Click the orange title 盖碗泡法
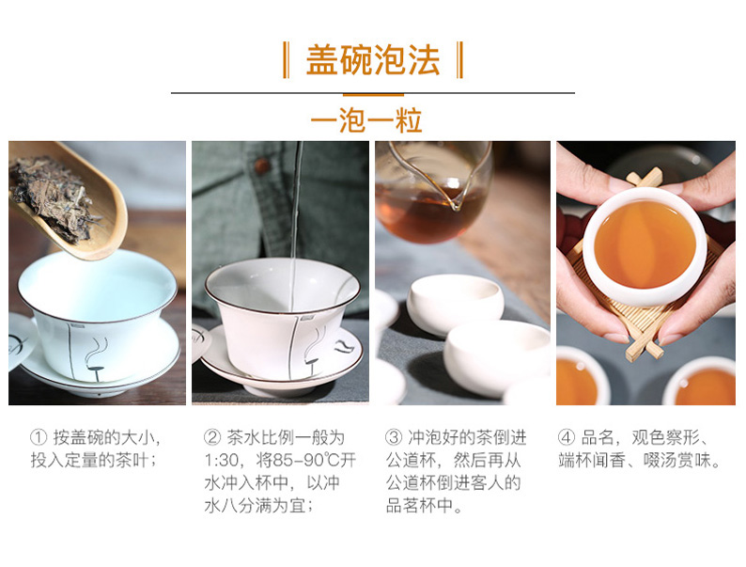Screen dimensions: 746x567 pos(372,60)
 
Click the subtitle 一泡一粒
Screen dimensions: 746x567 pos(366,120)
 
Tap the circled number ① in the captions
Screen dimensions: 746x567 pos(39,437)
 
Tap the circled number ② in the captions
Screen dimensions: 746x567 pos(212,437)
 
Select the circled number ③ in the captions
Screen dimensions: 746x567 pos(394,437)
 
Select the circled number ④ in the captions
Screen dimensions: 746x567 pos(567,437)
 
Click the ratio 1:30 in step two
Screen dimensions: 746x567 pos(222,461)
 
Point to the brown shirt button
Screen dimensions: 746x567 pos(260,165)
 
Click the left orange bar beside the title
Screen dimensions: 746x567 pos(286,60)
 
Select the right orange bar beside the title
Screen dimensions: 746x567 pos(459,60)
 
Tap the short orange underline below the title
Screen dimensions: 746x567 pos(373,95)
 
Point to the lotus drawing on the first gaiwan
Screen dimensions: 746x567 pos(97,358)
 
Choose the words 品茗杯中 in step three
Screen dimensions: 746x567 pos(419,506)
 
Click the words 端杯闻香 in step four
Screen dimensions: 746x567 pos(591,461)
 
